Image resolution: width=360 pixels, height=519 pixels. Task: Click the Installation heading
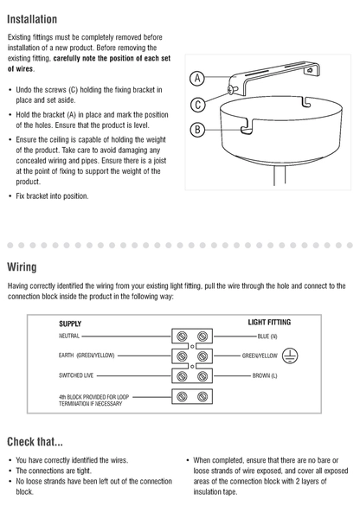pyautogui.click(x=32, y=19)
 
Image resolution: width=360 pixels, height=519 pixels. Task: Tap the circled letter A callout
pyautogui.click(x=197, y=79)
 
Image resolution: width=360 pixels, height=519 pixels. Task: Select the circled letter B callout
pyautogui.click(x=197, y=130)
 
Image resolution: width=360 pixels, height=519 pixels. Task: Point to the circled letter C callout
pyautogui.click(x=198, y=105)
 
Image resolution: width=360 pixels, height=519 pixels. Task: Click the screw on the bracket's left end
pyautogui.click(x=232, y=89)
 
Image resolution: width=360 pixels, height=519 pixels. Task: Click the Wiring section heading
pyautogui.click(x=22, y=266)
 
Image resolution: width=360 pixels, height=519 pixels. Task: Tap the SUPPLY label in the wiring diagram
pyautogui.click(x=70, y=324)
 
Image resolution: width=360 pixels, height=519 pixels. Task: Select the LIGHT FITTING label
pyautogui.click(x=269, y=322)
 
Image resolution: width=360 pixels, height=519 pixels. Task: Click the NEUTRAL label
pyautogui.click(x=69, y=336)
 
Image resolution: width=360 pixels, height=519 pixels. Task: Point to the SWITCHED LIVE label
pyautogui.click(x=76, y=375)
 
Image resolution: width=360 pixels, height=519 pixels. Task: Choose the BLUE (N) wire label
pyautogui.click(x=267, y=336)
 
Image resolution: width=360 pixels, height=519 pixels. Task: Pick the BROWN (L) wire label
pyautogui.click(x=265, y=375)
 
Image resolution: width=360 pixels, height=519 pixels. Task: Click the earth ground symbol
pyautogui.click(x=290, y=356)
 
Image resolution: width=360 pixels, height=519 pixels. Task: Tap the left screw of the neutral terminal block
pyautogui.click(x=182, y=336)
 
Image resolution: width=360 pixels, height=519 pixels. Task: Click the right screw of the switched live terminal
pyautogui.click(x=202, y=376)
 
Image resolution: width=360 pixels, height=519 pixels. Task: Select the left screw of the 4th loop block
pyautogui.click(x=182, y=396)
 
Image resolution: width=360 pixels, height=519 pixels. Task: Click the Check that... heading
pyautogui.click(x=35, y=441)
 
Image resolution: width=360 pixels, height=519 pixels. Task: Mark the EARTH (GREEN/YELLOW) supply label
pyautogui.click(x=87, y=356)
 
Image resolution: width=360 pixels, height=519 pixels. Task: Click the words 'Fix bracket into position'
pyautogui.click(x=52, y=196)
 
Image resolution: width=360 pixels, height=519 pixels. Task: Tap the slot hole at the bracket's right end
pyautogui.click(x=310, y=71)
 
